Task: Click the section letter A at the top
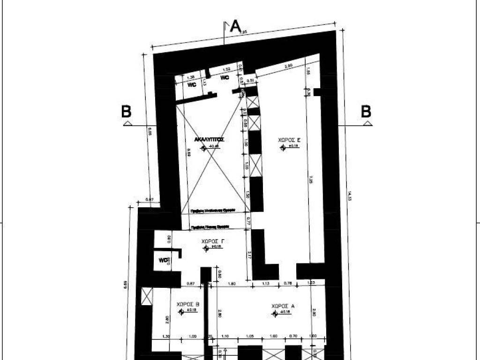point(235,26)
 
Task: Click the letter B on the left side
point(126,112)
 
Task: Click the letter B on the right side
point(366,112)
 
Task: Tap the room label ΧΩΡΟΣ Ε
point(289,140)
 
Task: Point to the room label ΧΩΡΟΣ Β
point(188,304)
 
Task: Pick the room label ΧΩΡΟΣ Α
point(283,306)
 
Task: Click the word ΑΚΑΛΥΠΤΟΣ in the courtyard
point(210,139)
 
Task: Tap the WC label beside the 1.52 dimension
point(225,78)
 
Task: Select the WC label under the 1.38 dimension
point(192,85)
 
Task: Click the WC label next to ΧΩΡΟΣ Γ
point(163,260)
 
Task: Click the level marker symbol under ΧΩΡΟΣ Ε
point(283,148)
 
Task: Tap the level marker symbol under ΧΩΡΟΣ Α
point(275,313)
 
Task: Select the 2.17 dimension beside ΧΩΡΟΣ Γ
point(248,255)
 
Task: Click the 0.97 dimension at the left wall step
point(150,200)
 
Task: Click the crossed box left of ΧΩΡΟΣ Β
point(147,297)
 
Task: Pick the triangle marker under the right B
point(367,123)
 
